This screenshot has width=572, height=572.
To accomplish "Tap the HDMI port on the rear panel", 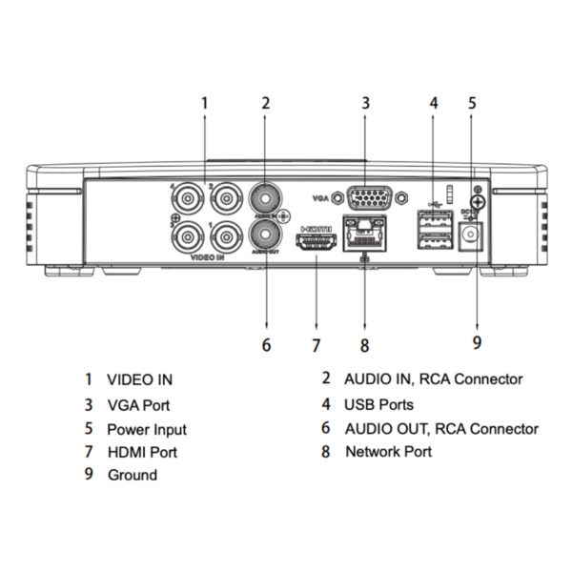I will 316,243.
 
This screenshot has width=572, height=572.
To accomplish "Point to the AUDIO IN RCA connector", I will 265,198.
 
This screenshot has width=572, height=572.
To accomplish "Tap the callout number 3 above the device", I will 365,102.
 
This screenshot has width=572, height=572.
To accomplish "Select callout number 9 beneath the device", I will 477,340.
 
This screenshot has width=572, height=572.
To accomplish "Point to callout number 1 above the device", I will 203,102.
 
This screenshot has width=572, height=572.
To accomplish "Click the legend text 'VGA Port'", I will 138,405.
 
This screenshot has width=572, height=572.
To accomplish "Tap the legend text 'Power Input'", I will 146,430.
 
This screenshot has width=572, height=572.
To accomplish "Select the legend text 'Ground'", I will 132,475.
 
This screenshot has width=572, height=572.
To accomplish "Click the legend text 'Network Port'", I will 388,452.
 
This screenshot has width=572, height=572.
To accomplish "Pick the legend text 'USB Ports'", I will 378,405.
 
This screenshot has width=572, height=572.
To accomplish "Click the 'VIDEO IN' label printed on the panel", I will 208,258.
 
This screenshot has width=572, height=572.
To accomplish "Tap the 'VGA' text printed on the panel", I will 321,198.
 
